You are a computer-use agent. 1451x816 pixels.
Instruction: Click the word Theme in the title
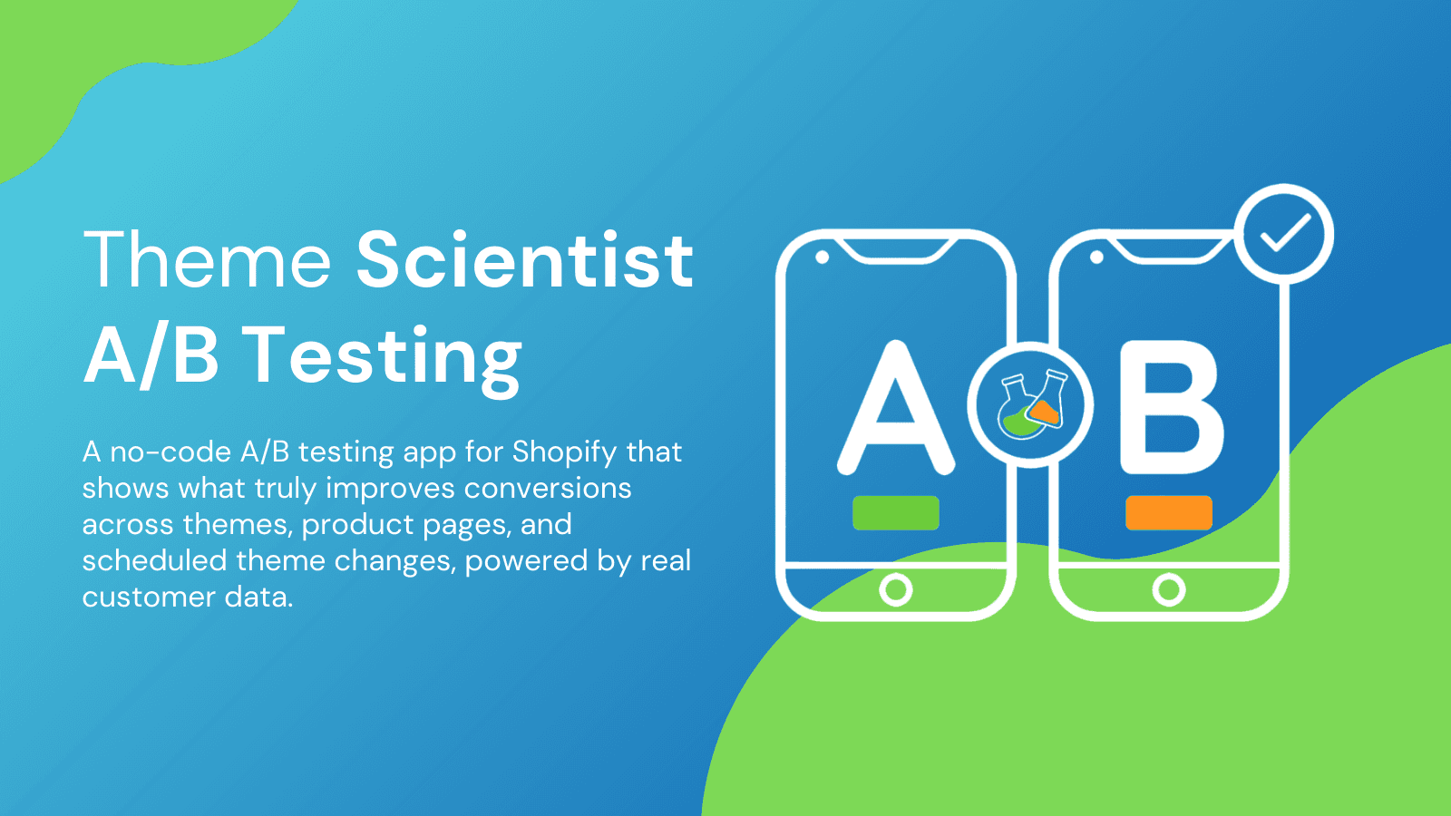[207, 260]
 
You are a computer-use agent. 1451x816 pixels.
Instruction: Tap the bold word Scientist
[524, 260]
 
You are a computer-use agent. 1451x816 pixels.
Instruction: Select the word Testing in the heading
[383, 357]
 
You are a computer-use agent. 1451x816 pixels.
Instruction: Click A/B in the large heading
[151, 355]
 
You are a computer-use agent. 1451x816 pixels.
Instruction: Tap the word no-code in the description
[170, 452]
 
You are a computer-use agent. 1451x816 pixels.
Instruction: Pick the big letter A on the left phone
[895, 408]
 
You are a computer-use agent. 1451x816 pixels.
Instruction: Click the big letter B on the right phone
[1171, 408]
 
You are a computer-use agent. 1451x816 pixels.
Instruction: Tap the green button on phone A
[895, 513]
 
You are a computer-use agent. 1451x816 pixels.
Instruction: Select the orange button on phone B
[1168, 513]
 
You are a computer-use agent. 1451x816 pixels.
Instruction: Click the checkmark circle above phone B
[1284, 234]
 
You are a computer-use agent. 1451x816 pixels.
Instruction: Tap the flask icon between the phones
[1031, 405]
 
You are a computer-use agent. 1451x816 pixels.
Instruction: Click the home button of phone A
[895, 590]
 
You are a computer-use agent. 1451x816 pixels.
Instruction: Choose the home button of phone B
[1168, 590]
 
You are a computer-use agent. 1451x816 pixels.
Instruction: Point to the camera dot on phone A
[822, 257]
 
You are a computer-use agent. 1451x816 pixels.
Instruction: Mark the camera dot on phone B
[1096, 257]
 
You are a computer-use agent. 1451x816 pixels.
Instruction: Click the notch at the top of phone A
[895, 250]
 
